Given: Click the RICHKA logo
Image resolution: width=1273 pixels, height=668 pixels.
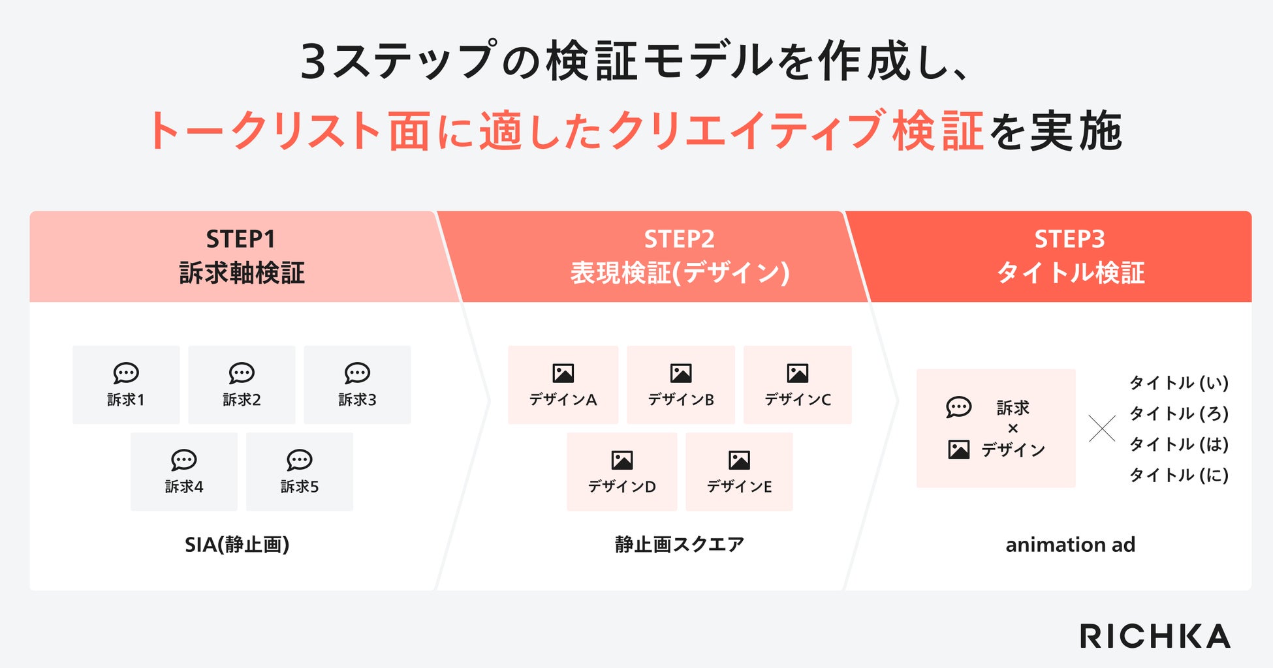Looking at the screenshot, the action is point(1155,636).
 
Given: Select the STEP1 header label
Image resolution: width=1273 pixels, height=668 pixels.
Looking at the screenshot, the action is point(241,239).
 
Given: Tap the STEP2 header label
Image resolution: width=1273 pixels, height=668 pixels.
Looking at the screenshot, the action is point(679,239).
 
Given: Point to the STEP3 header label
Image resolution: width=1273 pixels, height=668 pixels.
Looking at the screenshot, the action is point(1069,239).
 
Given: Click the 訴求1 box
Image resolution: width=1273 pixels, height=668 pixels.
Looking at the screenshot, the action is point(126,385).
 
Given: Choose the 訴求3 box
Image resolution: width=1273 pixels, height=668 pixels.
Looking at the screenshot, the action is point(357,385).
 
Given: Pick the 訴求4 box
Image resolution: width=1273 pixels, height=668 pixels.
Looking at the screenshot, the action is point(184,472).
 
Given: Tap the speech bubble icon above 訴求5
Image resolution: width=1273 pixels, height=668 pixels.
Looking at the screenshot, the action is point(300,460).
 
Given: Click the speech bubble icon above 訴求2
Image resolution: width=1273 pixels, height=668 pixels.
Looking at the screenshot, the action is point(242,373).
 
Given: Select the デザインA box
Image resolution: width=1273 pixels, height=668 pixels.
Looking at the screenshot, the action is point(563,385).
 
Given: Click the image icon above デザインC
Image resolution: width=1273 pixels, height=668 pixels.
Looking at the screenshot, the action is point(798,373).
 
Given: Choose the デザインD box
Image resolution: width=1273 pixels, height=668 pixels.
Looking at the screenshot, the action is point(621,472).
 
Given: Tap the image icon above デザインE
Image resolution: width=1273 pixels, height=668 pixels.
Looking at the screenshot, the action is point(739,460).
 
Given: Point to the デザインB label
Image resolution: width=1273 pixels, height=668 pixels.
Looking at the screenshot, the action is point(681,400).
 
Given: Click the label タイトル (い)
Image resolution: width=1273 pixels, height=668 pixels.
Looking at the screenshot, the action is point(1179,383).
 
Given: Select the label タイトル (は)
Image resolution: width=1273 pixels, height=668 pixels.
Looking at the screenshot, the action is point(1179,444).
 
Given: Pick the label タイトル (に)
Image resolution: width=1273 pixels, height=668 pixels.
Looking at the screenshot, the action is point(1179,475).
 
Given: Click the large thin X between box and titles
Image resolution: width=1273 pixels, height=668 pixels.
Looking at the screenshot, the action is point(1102,429).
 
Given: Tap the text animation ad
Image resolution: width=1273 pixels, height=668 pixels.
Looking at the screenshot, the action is point(1070,545).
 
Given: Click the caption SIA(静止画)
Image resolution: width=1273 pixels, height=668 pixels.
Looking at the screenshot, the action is point(237,545).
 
